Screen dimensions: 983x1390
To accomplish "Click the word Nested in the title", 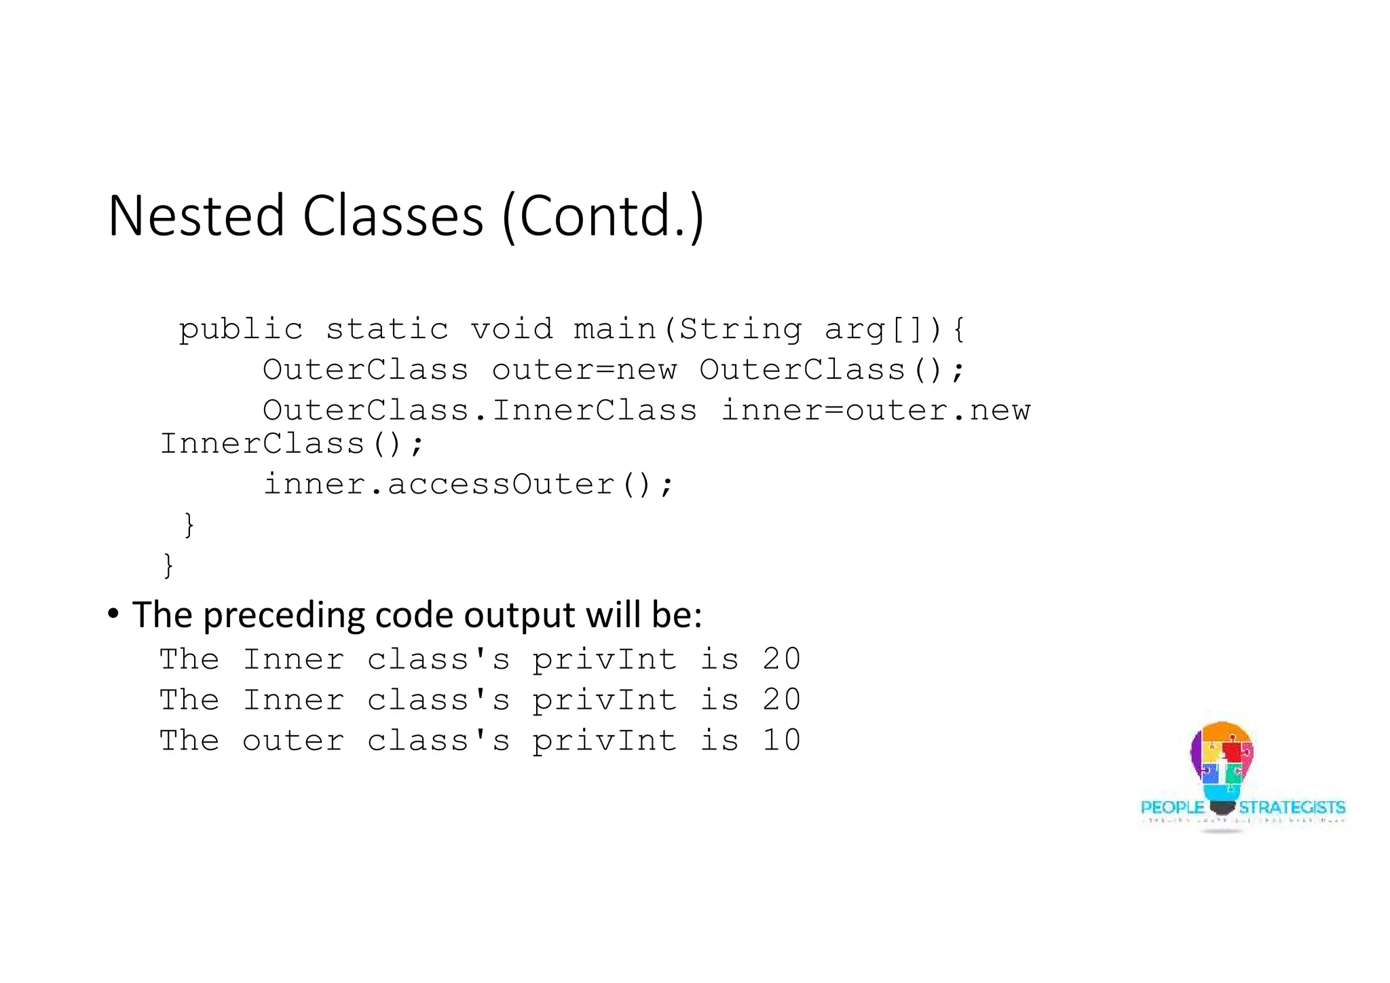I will (196, 216).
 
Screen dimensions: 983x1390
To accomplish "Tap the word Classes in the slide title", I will (393, 216).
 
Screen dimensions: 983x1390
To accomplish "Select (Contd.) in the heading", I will (603, 217).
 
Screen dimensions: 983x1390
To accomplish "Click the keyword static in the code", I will (387, 330).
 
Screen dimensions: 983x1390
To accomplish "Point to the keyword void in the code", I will (512, 330).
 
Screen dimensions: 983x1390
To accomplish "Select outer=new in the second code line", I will (584, 371).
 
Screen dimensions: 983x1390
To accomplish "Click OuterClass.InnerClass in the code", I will (480, 411).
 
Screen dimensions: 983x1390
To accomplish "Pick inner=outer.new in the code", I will (876, 411).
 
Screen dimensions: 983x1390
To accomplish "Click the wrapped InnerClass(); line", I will (292, 445).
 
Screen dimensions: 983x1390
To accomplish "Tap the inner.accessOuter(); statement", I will (468, 485).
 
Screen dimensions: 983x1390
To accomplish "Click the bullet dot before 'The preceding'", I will (113, 614).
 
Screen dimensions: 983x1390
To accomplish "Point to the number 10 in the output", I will (781, 741).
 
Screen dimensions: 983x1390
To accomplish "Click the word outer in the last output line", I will (293, 741).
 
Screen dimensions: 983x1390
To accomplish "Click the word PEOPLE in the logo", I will (1172, 807).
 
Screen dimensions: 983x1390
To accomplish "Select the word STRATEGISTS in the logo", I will (1292, 807).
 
